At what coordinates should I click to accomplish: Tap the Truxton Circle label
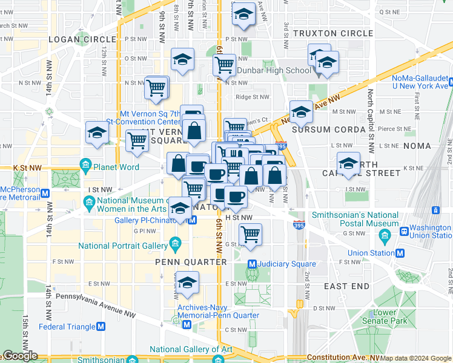tap(332, 33)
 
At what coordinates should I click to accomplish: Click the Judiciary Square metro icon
tap(253, 264)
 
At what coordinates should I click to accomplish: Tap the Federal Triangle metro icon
tap(101, 327)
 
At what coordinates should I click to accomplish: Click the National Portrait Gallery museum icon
tap(176, 246)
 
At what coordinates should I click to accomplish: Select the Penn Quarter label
tap(191, 262)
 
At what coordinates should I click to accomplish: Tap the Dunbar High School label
tap(274, 70)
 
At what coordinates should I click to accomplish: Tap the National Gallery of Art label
tap(191, 349)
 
